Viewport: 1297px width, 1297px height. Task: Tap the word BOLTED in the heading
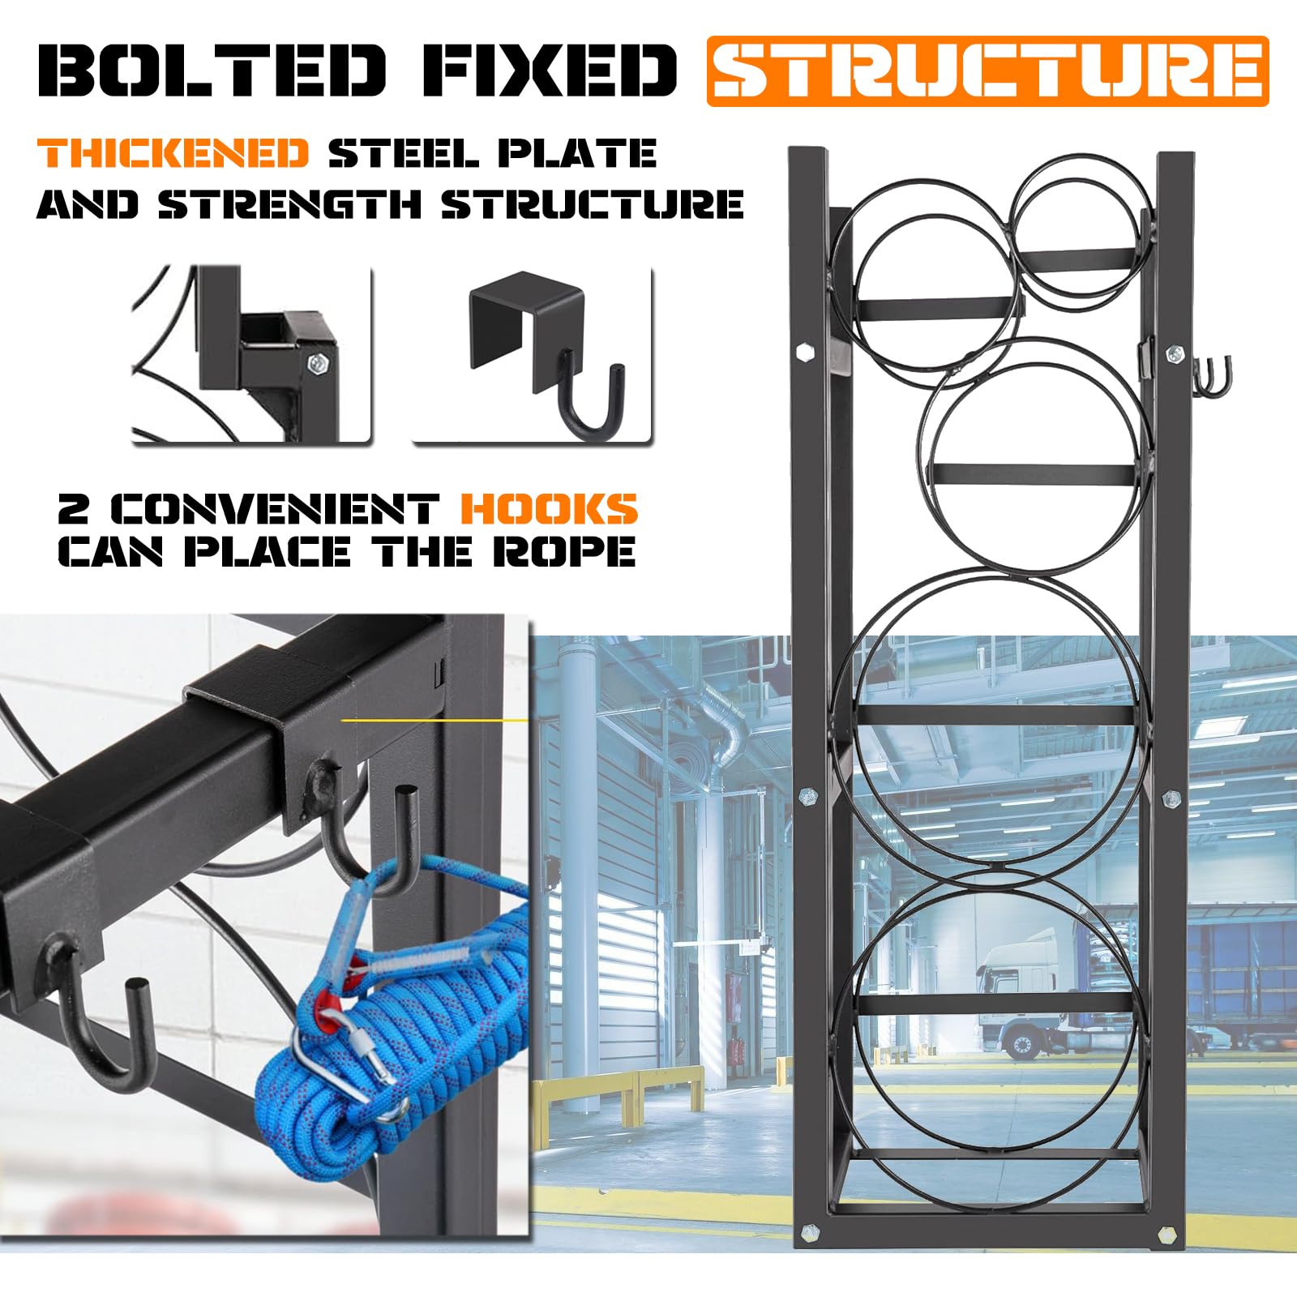click(212, 71)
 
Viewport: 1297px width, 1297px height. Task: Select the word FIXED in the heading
click(549, 71)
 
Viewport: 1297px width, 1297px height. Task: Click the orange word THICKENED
click(173, 153)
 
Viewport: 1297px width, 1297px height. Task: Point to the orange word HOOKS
click(549, 509)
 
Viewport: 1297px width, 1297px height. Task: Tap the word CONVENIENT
click(275, 509)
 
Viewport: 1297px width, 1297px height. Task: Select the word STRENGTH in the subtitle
click(290, 203)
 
